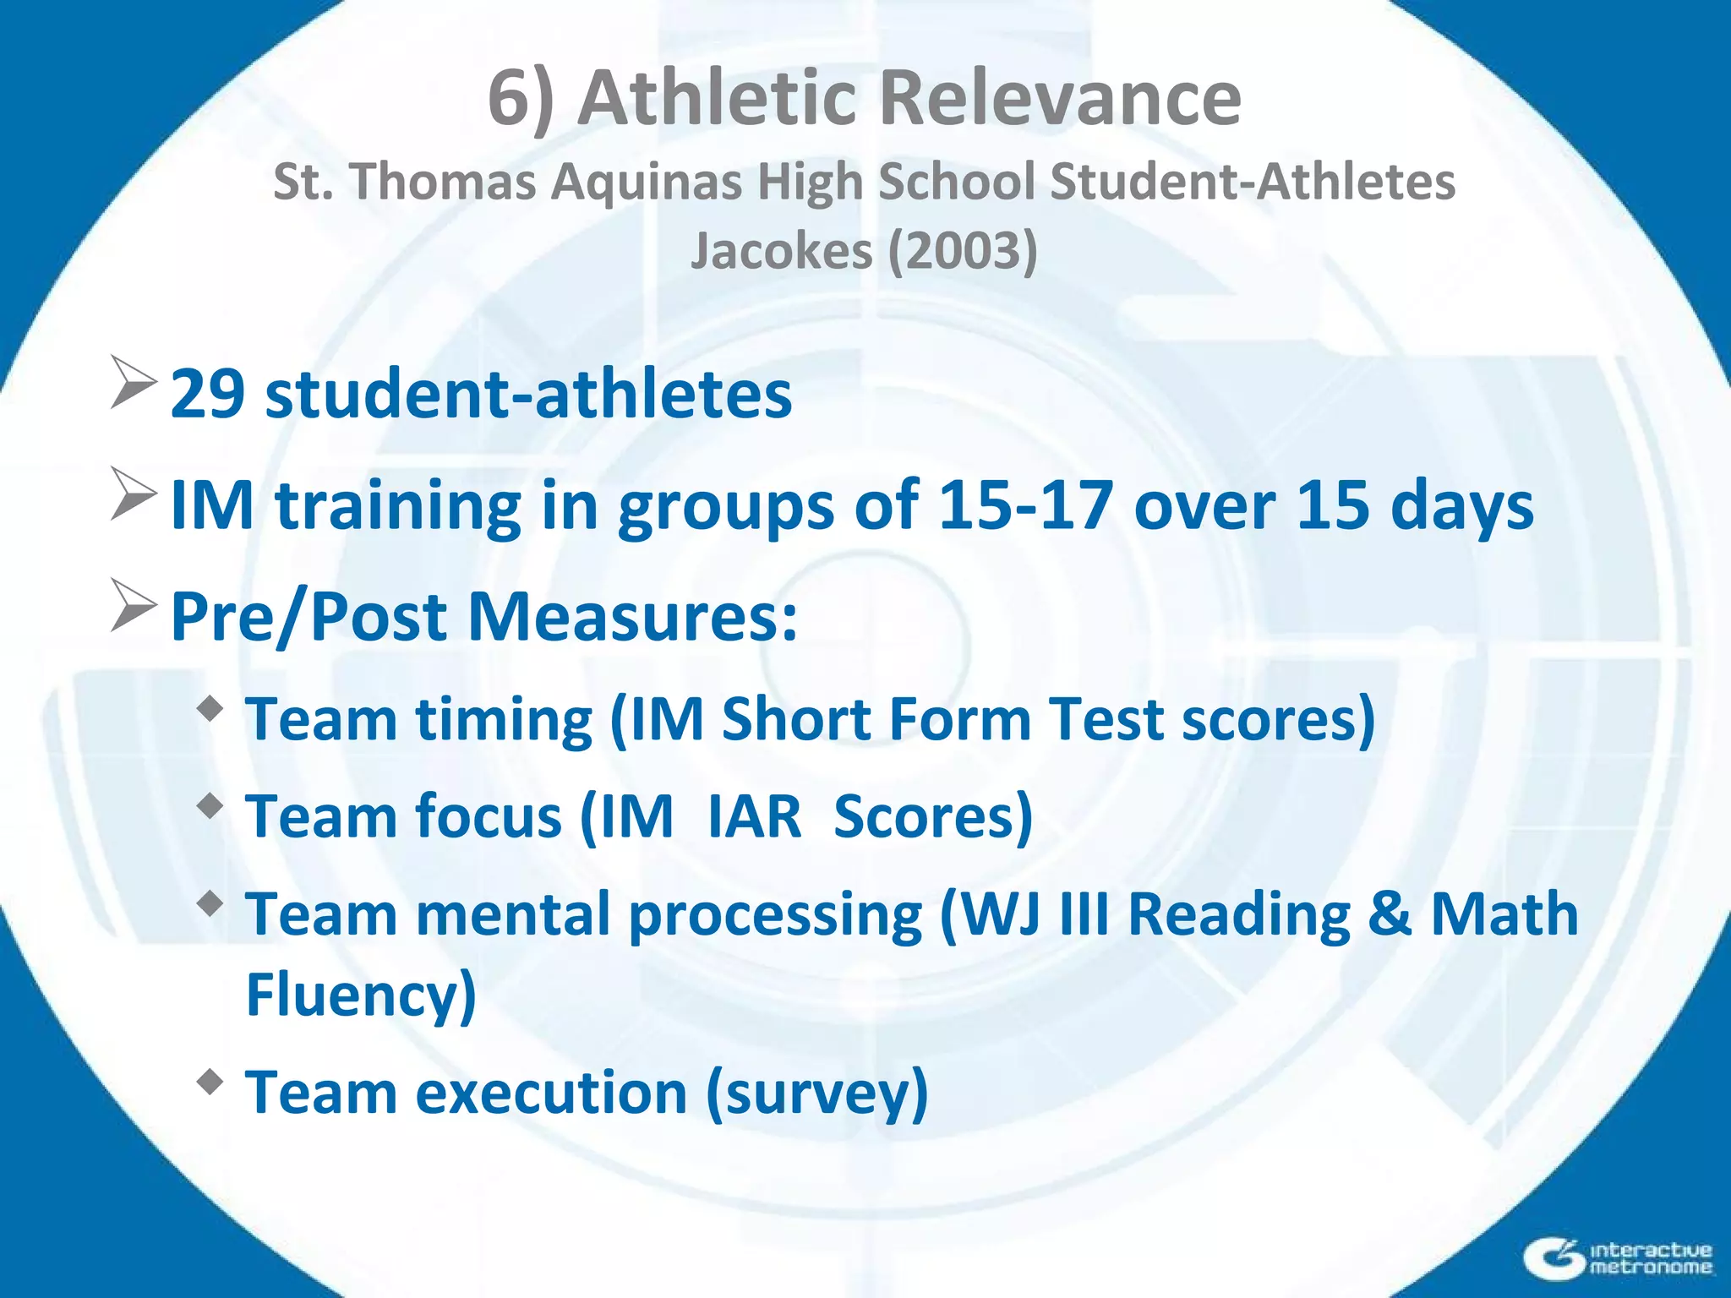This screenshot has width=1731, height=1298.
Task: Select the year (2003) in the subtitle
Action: [962, 251]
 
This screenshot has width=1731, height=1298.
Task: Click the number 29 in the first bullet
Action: [209, 394]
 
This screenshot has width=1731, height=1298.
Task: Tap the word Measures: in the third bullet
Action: [632, 617]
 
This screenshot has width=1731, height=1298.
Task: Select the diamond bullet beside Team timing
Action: [210, 708]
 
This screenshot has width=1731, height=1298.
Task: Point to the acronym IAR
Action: [754, 817]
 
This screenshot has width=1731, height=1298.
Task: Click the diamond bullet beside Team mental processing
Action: [210, 905]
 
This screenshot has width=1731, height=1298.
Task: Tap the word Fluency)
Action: [361, 995]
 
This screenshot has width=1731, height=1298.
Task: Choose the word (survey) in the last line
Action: [816, 1093]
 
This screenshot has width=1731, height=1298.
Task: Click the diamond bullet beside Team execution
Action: [210, 1082]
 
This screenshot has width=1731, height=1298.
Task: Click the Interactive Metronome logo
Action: [1619, 1257]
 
